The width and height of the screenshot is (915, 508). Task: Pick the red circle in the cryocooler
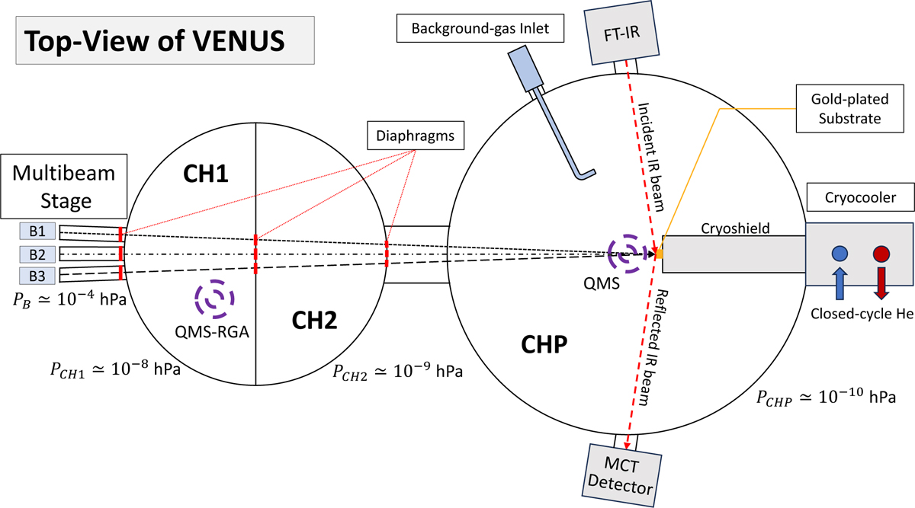tap(881, 253)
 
